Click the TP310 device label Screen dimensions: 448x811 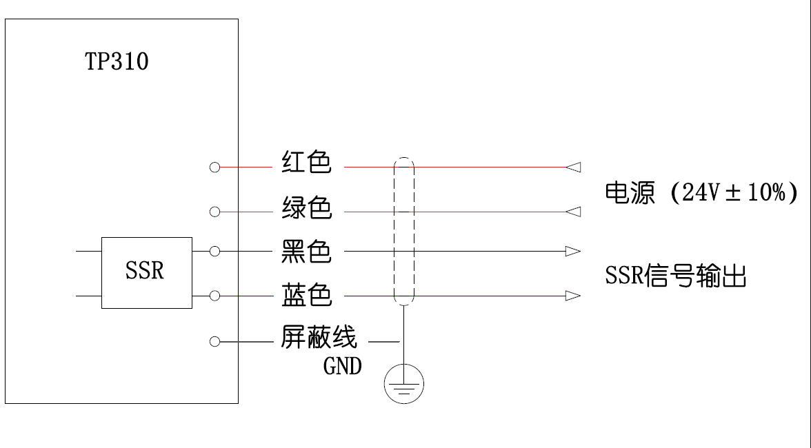(117, 62)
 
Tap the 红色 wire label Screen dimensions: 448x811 (306, 163)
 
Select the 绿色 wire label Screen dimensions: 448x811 (306, 207)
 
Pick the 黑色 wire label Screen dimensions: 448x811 (306, 252)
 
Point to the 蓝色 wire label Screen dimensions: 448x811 (306, 296)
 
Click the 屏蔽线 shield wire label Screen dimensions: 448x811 (319, 338)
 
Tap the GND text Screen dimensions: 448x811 (342, 367)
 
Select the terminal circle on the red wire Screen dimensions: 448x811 (214, 167)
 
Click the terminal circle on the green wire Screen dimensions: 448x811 (214, 212)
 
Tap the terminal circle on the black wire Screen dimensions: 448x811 (214, 252)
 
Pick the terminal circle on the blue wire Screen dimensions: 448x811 (214, 296)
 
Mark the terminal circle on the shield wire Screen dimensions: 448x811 (214, 341)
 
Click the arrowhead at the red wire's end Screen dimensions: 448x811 (573, 167)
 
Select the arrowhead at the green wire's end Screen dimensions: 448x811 (573, 212)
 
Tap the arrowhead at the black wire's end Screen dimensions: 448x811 (573, 252)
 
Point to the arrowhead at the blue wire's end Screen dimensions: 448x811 (573, 296)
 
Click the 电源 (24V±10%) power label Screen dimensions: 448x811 (701, 192)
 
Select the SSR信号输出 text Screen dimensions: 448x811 (676, 276)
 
